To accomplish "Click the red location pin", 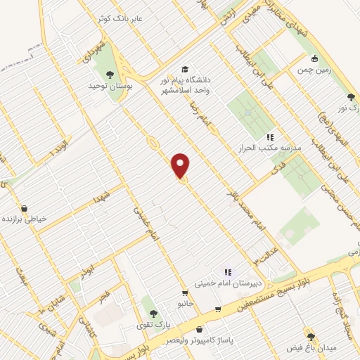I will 181,166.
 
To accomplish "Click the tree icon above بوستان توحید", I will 109,73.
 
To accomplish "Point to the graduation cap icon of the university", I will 184,70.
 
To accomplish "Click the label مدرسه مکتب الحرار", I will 271,148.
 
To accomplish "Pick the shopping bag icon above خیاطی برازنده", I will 25,208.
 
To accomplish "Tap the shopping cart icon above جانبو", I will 184,293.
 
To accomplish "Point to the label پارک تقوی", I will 153,325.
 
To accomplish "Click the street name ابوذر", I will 86,271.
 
